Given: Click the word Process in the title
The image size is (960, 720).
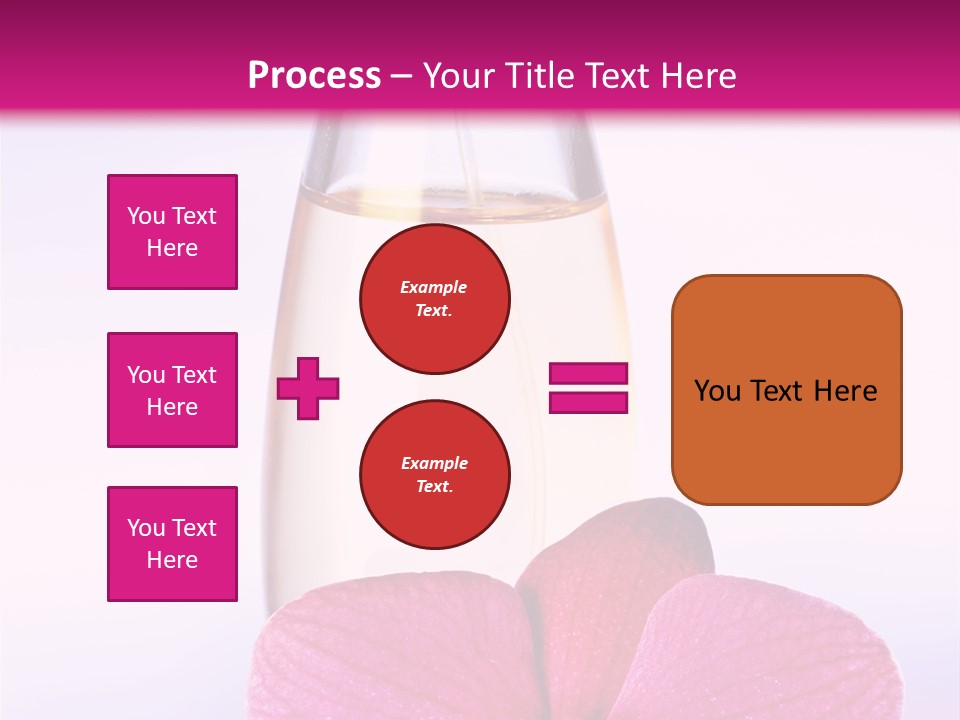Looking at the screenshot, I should (314, 76).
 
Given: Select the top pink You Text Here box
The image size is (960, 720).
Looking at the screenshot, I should (172, 232).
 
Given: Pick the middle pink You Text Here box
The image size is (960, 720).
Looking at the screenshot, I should (172, 390).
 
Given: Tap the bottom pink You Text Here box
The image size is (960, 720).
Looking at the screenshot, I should (172, 543).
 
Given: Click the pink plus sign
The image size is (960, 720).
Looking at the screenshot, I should (308, 388).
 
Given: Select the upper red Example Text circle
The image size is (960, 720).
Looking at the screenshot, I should (434, 299).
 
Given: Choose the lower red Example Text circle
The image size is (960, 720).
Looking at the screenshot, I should (434, 475).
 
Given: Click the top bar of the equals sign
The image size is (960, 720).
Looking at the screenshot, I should (588, 374).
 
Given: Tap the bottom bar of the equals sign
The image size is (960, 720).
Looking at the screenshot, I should (588, 403).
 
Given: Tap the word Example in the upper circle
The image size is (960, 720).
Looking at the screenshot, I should (434, 287).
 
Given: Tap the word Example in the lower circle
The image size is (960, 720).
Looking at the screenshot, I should (434, 463).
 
